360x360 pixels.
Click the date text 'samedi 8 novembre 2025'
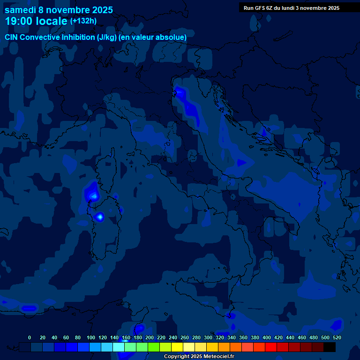(59, 10)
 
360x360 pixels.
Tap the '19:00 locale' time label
(36, 21)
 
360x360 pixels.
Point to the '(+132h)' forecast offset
(83, 21)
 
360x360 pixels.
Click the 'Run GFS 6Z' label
(258, 8)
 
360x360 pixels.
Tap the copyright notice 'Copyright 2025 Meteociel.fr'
(199, 356)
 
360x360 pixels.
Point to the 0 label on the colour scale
(30, 337)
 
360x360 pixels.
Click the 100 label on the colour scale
(91, 337)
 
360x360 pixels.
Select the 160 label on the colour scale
(126, 337)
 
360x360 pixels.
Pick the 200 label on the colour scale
(150, 337)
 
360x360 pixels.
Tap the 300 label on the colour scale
(208, 337)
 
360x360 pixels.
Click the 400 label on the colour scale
(267, 337)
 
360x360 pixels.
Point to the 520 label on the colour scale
(337, 337)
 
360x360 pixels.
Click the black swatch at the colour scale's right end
(330, 347)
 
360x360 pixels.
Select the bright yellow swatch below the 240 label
(177, 347)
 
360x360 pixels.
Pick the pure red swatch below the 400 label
(271, 347)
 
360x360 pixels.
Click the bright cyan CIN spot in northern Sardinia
(99, 217)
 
